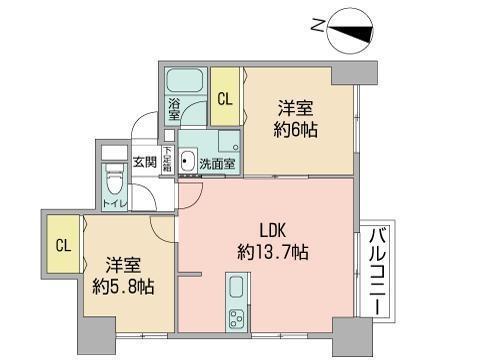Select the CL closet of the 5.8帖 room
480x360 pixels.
click(x=62, y=245)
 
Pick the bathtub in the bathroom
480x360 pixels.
click(x=185, y=81)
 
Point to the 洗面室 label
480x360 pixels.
click(x=217, y=163)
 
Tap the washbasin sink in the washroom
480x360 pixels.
click(x=187, y=163)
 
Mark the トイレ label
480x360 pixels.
click(x=115, y=207)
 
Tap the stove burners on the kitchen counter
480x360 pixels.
click(x=239, y=321)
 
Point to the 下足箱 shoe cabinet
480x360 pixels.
click(x=167, y=160)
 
